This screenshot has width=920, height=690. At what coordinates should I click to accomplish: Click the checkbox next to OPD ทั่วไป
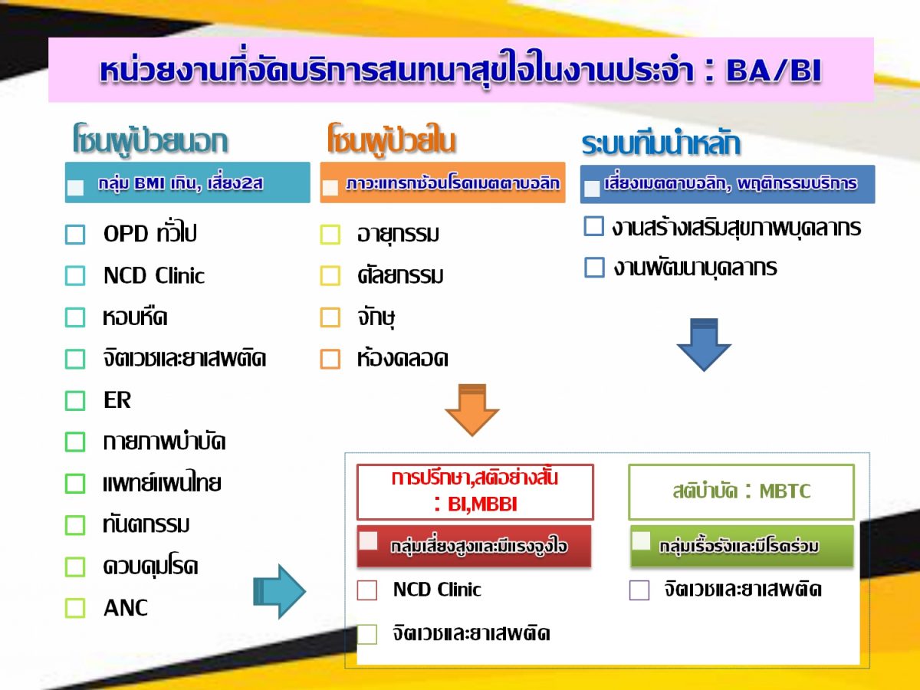75,234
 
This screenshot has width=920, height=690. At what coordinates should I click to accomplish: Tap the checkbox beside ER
75,400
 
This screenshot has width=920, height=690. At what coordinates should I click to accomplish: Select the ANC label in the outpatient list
126,608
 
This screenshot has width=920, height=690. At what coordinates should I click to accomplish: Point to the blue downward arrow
703,345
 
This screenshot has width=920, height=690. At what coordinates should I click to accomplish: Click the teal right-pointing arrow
279,591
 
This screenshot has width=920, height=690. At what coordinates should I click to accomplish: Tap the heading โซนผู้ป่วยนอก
150,141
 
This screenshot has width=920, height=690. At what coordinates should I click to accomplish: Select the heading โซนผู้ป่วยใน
391,141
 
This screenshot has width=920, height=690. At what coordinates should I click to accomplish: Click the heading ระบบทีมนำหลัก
661,144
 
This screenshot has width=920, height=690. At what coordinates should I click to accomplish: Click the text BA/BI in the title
774,71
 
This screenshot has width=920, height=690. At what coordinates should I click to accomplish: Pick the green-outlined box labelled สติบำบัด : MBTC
741,491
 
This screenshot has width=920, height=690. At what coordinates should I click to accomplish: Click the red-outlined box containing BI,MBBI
475,491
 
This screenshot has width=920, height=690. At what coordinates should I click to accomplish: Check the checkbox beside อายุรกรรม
330,235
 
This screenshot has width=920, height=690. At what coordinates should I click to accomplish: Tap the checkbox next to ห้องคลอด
330,359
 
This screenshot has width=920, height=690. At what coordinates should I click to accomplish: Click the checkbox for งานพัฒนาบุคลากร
594,268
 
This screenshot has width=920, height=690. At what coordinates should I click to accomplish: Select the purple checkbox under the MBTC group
639,590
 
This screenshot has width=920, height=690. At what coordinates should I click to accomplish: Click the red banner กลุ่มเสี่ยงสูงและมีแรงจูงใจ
475,546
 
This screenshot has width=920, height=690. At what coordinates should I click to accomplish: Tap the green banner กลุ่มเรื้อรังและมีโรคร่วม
741,546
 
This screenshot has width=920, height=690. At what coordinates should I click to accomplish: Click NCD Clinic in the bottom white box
437,590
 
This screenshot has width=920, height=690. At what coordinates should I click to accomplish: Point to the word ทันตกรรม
146,524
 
